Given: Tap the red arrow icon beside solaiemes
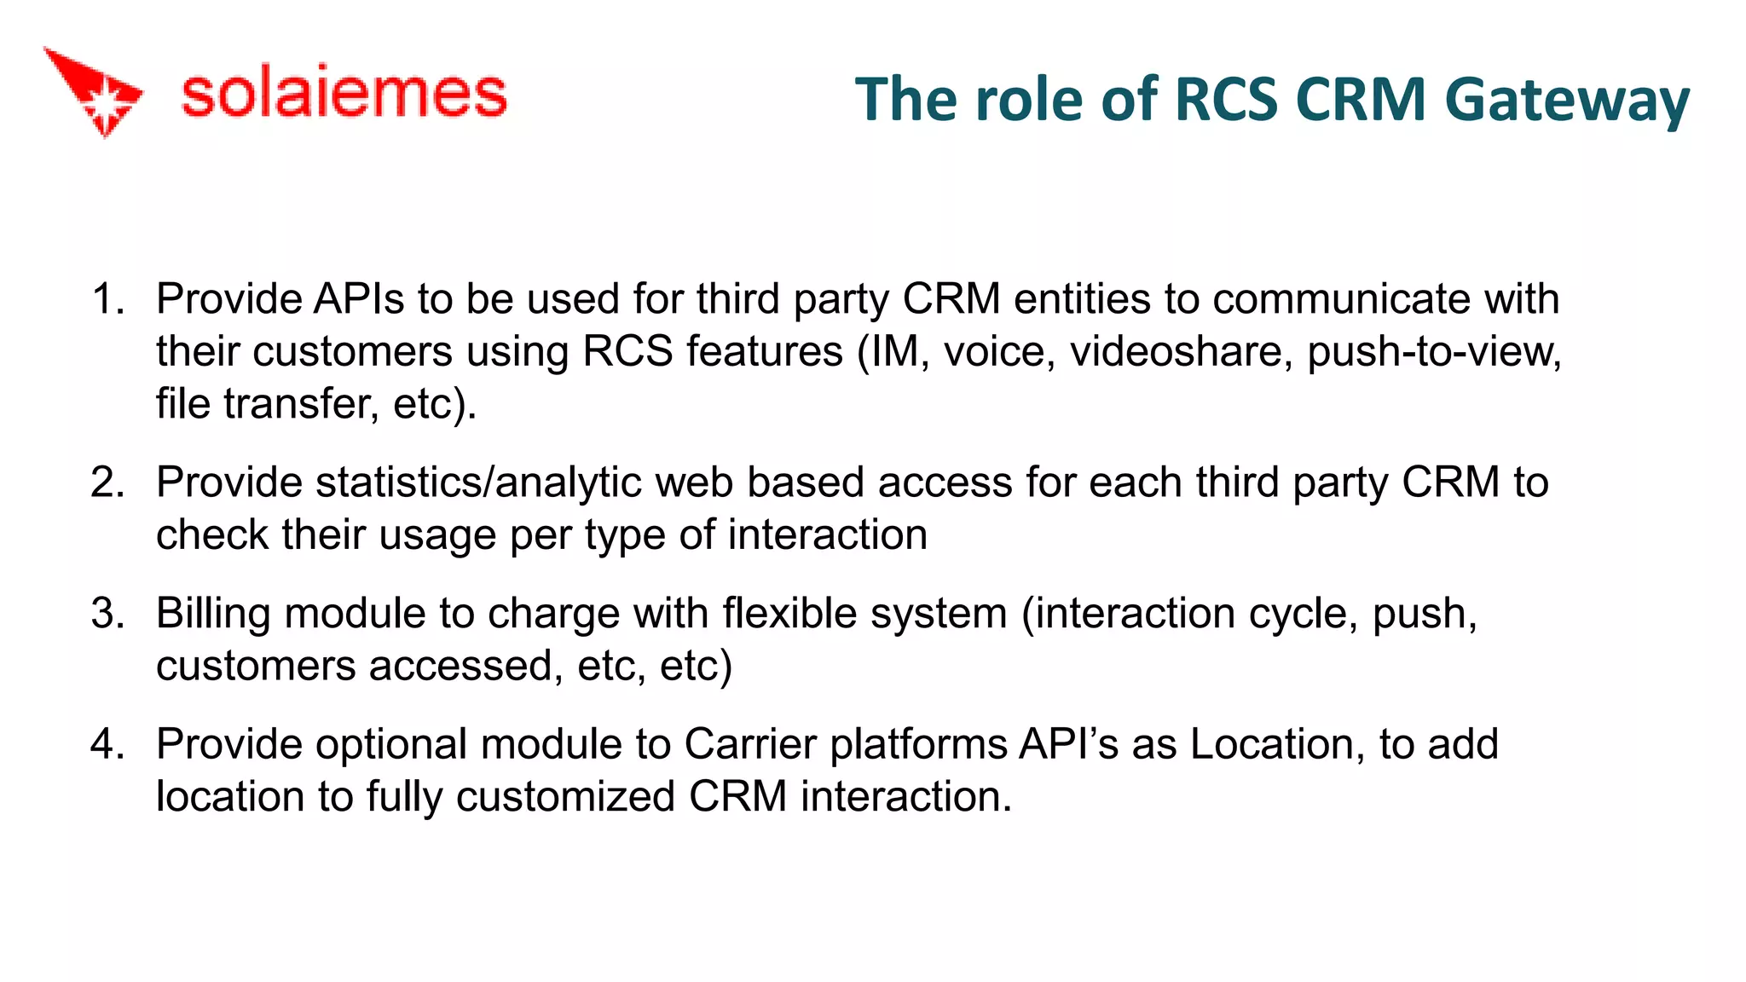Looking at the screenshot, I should pyautogui.click(x=94, y=90).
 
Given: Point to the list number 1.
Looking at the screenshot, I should pyautogui.click(x=107, y=299).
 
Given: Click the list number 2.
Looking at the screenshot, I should pyautogui.click(x=107, y=482).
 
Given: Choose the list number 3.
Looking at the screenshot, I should pyautogui.click(x=107, y=614).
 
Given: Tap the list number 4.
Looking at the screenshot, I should pyautogui.click(x=107, y=744).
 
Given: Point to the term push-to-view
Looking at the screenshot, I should pyautogui.click(x=1434, y=351).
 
